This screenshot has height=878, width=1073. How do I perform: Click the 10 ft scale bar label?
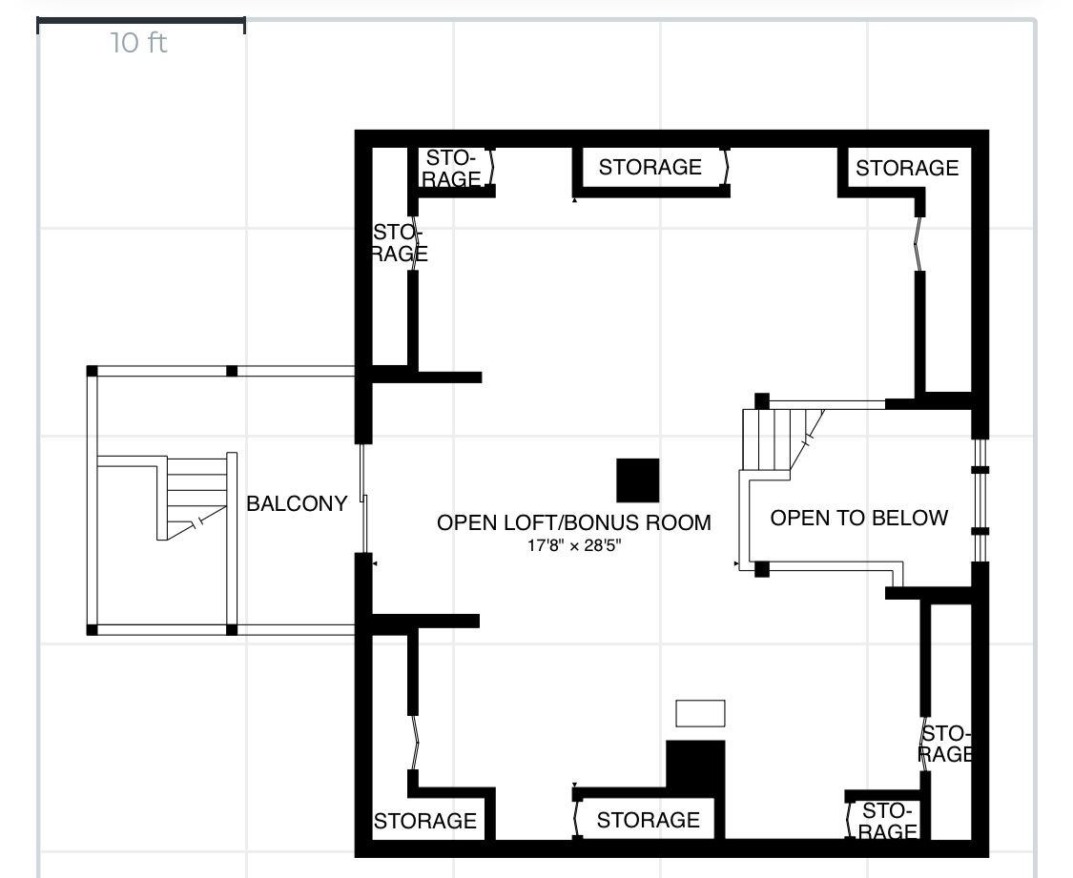139,44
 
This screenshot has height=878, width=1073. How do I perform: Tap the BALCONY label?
297,503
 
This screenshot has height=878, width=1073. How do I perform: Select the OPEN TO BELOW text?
858,518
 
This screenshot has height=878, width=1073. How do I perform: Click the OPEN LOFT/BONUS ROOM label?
573,522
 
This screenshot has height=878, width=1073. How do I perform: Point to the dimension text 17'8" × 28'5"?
572,546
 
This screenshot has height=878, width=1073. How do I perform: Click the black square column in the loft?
637,480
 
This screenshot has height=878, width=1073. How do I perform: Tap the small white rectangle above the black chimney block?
700,713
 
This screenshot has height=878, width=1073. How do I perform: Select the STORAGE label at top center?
650,168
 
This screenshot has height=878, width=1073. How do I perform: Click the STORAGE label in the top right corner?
906,169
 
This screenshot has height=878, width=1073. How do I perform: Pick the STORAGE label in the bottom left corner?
424,821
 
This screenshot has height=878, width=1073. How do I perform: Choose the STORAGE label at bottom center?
648,820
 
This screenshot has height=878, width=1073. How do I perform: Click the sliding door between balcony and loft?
363,497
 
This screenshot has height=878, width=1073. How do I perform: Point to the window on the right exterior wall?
980,500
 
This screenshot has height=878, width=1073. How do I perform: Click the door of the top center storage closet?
726,168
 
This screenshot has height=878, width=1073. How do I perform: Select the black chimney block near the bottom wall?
695,766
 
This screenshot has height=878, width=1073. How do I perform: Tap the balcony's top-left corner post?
93,371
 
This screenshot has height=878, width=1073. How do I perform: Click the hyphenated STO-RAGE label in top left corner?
452,168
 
